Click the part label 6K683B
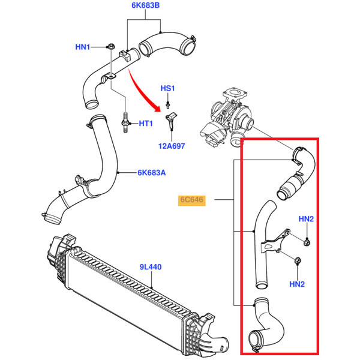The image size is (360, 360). [145, 5]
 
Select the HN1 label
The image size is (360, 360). [83, 47]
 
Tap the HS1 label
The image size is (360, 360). [167, 88]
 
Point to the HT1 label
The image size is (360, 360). [146, 124]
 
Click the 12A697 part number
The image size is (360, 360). [172, 146]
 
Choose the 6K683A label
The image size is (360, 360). [152, 173]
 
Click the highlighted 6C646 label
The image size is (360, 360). [192, 200]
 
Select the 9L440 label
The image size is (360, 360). [151, 267]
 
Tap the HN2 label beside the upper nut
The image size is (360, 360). [306, 219]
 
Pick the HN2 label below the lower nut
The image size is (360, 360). [297, 284]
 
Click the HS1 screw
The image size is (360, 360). [168, 104]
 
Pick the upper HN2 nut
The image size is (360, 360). [307, 242]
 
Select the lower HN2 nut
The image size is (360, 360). [298, 260]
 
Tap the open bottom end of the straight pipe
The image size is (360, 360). [262, 286]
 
